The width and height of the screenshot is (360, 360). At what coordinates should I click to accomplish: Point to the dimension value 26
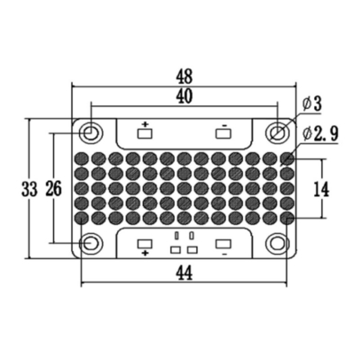click(x=53, y=189)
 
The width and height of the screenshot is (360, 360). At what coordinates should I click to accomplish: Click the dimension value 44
click(x=184, y=273)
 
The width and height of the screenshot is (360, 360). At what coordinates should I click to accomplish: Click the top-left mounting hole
click(x=91, y=133)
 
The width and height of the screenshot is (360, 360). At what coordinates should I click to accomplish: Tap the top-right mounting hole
click(x=278, y=133)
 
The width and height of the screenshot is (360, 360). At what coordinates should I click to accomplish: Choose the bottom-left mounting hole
click(x=91, y=243)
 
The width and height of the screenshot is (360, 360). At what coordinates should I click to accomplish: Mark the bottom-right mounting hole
click(x=278, y=243)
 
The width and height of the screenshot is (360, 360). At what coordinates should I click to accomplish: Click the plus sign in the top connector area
click(x=146, y=122)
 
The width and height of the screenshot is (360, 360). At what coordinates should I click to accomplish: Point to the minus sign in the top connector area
click(x=223, y=122)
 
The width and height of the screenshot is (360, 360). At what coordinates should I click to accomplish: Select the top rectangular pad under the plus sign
click(x=146, y=135)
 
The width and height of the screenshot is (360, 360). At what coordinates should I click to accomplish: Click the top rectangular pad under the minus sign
click(x=224, y=135)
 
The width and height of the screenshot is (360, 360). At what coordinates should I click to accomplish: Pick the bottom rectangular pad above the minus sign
click(x=223, y=243)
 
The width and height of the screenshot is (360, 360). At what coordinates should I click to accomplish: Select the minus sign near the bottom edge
click(x=222, y=256)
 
